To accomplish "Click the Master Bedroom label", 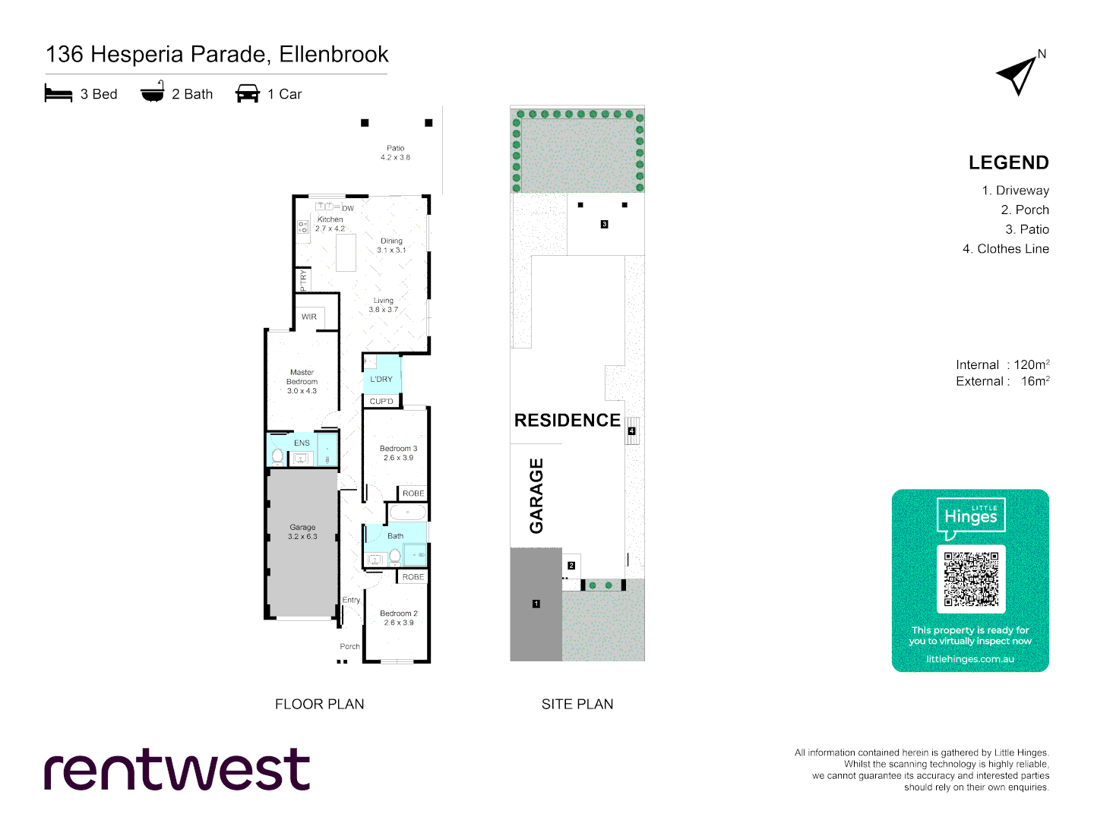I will pos(302,382).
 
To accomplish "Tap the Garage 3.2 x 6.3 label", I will pos(302,531).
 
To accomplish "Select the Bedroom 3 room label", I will pos(398,453).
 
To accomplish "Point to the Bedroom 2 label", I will pos(399,618).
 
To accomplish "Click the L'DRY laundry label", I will pos(381,379).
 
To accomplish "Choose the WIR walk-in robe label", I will pos(309,317).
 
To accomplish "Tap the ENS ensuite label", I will pos(302,443).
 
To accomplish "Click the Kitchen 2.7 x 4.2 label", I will pos(330,224).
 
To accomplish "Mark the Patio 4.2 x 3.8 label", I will pos(395,153).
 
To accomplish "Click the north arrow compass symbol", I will pos(1020,74).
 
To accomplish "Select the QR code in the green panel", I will pos(971,579).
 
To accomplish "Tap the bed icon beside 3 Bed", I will pos(58,93).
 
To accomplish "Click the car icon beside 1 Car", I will pos(248,93).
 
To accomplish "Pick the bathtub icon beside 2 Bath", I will pos(153,93).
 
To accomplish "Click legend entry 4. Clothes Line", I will pos(1005,248).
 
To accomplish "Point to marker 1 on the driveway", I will pos(536,604).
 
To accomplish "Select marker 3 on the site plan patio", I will pos(604,224).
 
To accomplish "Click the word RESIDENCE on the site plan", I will pos(567,420).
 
